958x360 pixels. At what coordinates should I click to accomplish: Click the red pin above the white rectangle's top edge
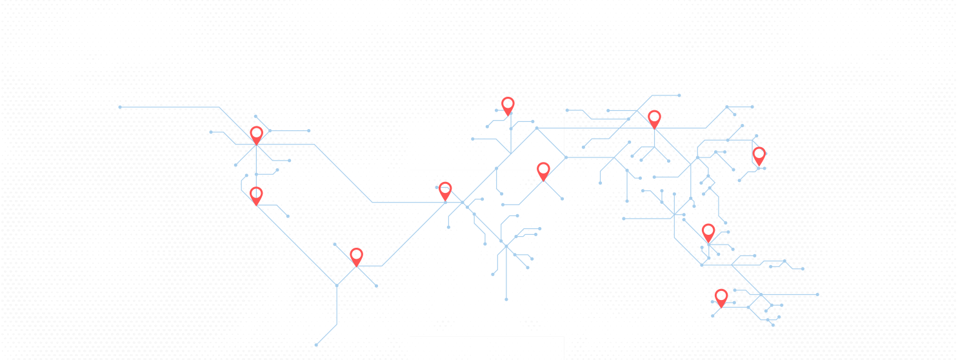tap(508, 105)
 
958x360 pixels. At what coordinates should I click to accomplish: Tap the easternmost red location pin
tap(759, 155)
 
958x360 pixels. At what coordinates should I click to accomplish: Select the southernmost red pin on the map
tap(721, 297)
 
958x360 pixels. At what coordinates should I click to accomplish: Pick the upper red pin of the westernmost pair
tap(256, 134)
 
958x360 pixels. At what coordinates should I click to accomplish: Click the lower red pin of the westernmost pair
tap(256, 194)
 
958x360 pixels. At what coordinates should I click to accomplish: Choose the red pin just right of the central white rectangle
tap(543, 170)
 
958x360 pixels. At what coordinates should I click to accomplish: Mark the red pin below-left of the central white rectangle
tap(445, 190)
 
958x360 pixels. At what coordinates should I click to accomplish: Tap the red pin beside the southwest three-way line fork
tap(356, 255)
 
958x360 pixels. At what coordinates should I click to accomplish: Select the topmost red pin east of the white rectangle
tap(654, 118)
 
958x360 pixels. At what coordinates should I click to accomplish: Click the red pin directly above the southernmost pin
tap(708, 232)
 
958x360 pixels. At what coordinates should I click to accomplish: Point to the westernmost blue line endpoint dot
tap(120, 107)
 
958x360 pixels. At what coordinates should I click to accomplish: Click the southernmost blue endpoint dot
tap(316, 345)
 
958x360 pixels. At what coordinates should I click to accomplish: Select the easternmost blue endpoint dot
tap(817, 294)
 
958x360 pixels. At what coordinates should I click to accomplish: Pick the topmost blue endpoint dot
tap(679, 95)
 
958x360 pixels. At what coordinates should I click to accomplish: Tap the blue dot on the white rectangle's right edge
tap(566, 157)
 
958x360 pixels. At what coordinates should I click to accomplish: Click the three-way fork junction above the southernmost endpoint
tap(337, 285)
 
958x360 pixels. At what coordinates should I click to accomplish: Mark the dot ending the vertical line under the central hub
tap(506, 299)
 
